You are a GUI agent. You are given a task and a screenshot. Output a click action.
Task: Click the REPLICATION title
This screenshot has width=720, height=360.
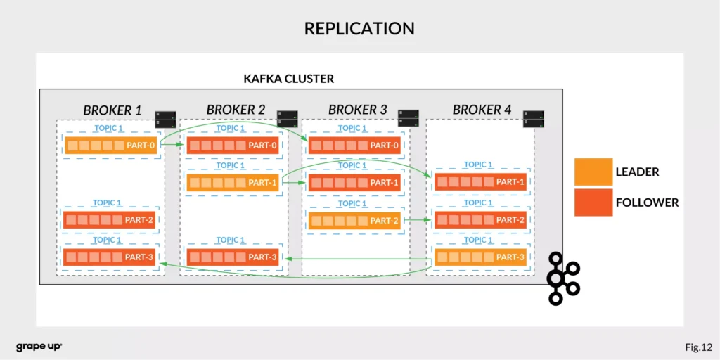point(359,28)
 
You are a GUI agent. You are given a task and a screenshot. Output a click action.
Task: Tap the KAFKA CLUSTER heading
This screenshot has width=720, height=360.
point(288,78)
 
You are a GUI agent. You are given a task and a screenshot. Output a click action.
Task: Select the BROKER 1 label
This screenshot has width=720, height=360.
point(112,110)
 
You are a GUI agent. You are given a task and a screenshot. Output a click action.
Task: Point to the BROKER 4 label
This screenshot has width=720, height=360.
point(482,110)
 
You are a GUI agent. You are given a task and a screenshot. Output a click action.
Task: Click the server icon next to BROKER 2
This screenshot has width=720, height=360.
point(287,118)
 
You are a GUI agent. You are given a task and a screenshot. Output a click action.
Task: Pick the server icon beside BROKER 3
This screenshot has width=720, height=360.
point(408,117)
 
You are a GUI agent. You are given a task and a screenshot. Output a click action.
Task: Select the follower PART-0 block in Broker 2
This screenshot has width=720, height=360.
point(232,146)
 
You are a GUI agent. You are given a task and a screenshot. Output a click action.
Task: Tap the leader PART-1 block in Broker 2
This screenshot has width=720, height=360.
point(232,183)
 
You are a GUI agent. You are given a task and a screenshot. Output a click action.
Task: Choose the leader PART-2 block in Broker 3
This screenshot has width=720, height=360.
point(354,220)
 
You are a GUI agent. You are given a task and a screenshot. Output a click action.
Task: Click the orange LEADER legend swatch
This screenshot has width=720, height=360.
point(591,172)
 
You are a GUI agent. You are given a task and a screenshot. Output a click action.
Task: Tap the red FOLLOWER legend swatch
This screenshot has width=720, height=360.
point(591,202)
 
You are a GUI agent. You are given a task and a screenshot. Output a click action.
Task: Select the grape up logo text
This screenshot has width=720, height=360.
point(39,347)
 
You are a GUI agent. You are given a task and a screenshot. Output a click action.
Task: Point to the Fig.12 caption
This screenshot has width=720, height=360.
point(698,347)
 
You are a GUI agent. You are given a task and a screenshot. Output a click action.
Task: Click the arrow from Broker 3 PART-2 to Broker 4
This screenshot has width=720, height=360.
point(418,220)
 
